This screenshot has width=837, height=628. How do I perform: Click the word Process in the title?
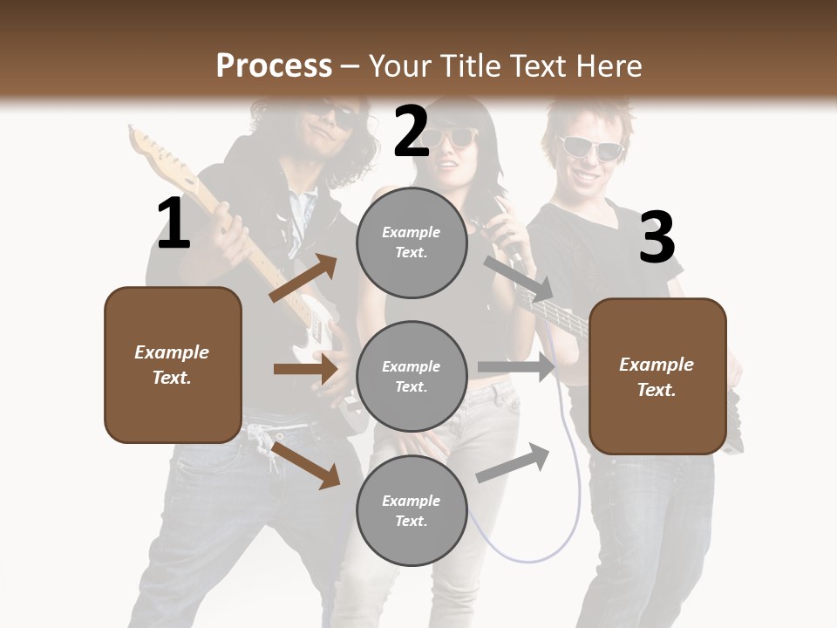(x=274, y=65)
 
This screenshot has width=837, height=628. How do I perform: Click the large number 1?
(x=174, y=223)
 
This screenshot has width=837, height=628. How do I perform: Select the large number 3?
(x=657, y=237)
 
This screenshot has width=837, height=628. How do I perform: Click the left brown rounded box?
(x=173, y=365)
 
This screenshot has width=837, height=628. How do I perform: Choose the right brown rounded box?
(x=657, y=376)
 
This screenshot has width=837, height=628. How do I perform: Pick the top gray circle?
(x=412, y=242)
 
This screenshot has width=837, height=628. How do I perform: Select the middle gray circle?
(x=412, y=376)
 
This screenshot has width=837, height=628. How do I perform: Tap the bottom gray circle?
(x=412, y=510)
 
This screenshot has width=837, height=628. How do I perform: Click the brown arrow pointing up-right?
(x=303, y=278)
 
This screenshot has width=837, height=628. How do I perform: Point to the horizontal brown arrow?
(x=305, y=369)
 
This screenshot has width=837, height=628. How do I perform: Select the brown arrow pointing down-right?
(x=306, y=465)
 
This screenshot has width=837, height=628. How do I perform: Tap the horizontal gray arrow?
(x=516, y=367)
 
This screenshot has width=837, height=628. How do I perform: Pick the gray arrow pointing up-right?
(x=513, y=463)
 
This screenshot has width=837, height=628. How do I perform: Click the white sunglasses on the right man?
(x=591, y=148)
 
